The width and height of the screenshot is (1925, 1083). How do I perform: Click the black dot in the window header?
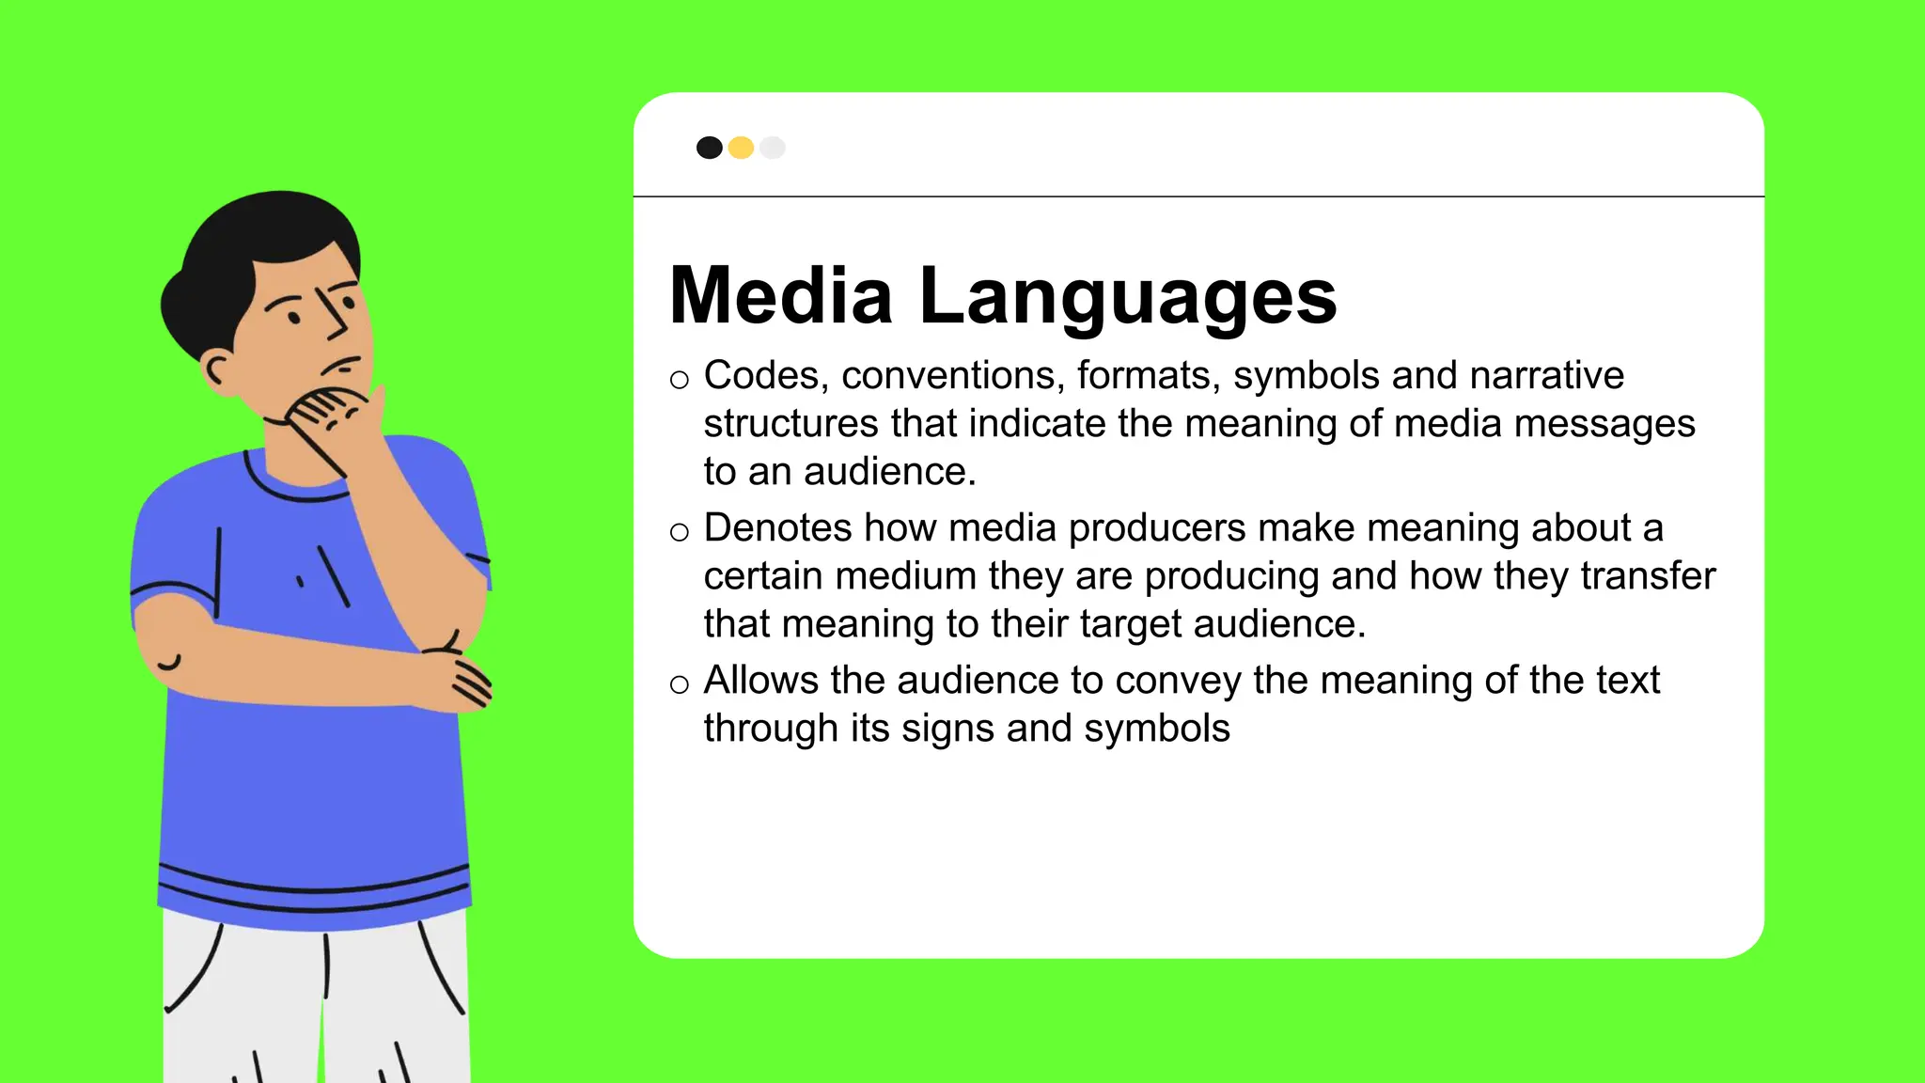pyautogui.click(x=709, y=148)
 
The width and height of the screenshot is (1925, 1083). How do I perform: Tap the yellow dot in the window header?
pyautogui.click(x=741, y=148)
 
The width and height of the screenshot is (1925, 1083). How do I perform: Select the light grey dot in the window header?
pyautogui.click(x=773, y=148)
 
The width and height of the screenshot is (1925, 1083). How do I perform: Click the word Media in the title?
pyautogui.click(x=780, y=296)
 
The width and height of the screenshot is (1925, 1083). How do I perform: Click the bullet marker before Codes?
pyautogui.click(x=680, y=380)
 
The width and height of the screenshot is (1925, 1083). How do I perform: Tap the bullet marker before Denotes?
pyautogui.click(x=680, y=532)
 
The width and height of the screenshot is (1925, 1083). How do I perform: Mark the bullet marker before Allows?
pyautogui.click(x=680, y=684)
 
